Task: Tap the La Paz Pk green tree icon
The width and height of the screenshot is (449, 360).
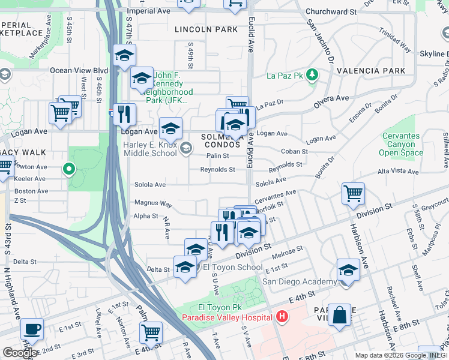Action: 312,75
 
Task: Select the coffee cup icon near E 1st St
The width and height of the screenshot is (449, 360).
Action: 32,329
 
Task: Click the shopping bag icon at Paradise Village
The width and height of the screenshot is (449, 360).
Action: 339,315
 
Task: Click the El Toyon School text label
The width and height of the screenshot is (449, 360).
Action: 233,267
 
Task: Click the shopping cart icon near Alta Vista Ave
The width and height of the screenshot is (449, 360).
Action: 353,193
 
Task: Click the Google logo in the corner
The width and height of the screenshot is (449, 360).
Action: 20,353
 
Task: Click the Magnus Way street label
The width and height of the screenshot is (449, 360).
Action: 153,204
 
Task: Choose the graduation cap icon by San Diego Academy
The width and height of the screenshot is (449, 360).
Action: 348,269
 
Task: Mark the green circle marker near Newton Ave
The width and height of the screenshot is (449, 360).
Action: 69,170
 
